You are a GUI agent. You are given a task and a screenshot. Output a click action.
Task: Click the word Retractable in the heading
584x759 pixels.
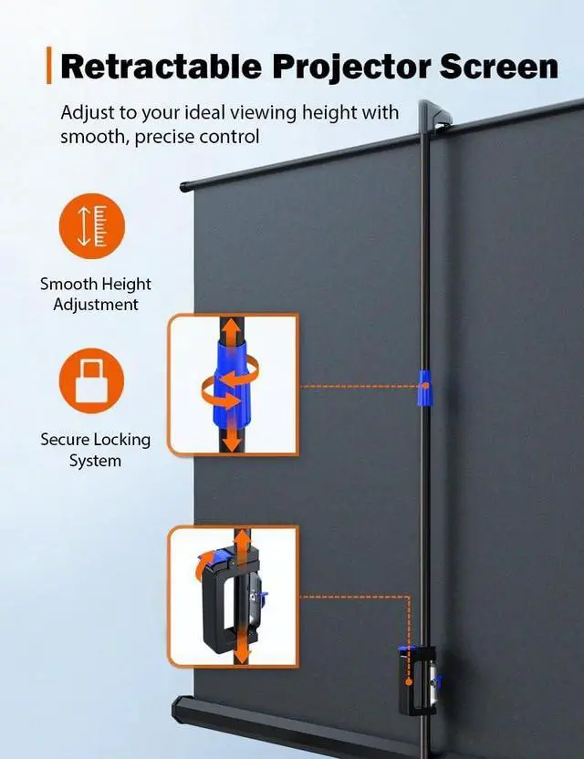click(x=162, y=67)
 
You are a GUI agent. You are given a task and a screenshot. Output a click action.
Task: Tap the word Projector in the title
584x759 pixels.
click(x=351, y=68)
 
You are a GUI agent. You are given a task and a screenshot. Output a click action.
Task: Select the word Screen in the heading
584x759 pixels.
click(x=499, y=67)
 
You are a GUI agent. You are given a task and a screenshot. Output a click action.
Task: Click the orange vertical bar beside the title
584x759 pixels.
click(x=49, y=66)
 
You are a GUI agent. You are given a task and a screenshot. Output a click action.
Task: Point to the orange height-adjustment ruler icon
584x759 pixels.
click(x=92, y=226)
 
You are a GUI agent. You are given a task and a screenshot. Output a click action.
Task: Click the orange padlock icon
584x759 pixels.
click(x=91, y=380)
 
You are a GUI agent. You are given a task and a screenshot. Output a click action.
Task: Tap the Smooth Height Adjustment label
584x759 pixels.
click(x=96, y=294)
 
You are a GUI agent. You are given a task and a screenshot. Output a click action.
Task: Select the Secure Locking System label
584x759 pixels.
click(x=96, y=450)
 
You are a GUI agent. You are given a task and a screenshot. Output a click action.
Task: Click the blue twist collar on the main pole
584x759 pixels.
click(x=425, y=387)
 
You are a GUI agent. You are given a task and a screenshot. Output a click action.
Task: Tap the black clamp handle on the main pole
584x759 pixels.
click(x=415, y=681)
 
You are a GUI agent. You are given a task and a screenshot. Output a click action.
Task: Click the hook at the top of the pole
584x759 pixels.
click(x=434, y=115)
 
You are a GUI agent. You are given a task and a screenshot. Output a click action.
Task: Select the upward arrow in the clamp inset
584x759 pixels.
click(x=242, y=539)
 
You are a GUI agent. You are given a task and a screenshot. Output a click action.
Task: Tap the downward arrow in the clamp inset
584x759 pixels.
click(x=241, y=650)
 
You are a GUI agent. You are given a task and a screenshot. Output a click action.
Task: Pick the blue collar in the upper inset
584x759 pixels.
click(x=231, y=382)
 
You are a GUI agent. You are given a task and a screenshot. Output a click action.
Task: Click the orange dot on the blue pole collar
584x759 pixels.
click(x=425, y=386)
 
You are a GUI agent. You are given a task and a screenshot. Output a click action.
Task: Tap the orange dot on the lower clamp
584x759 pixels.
click(x=409, y=682)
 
